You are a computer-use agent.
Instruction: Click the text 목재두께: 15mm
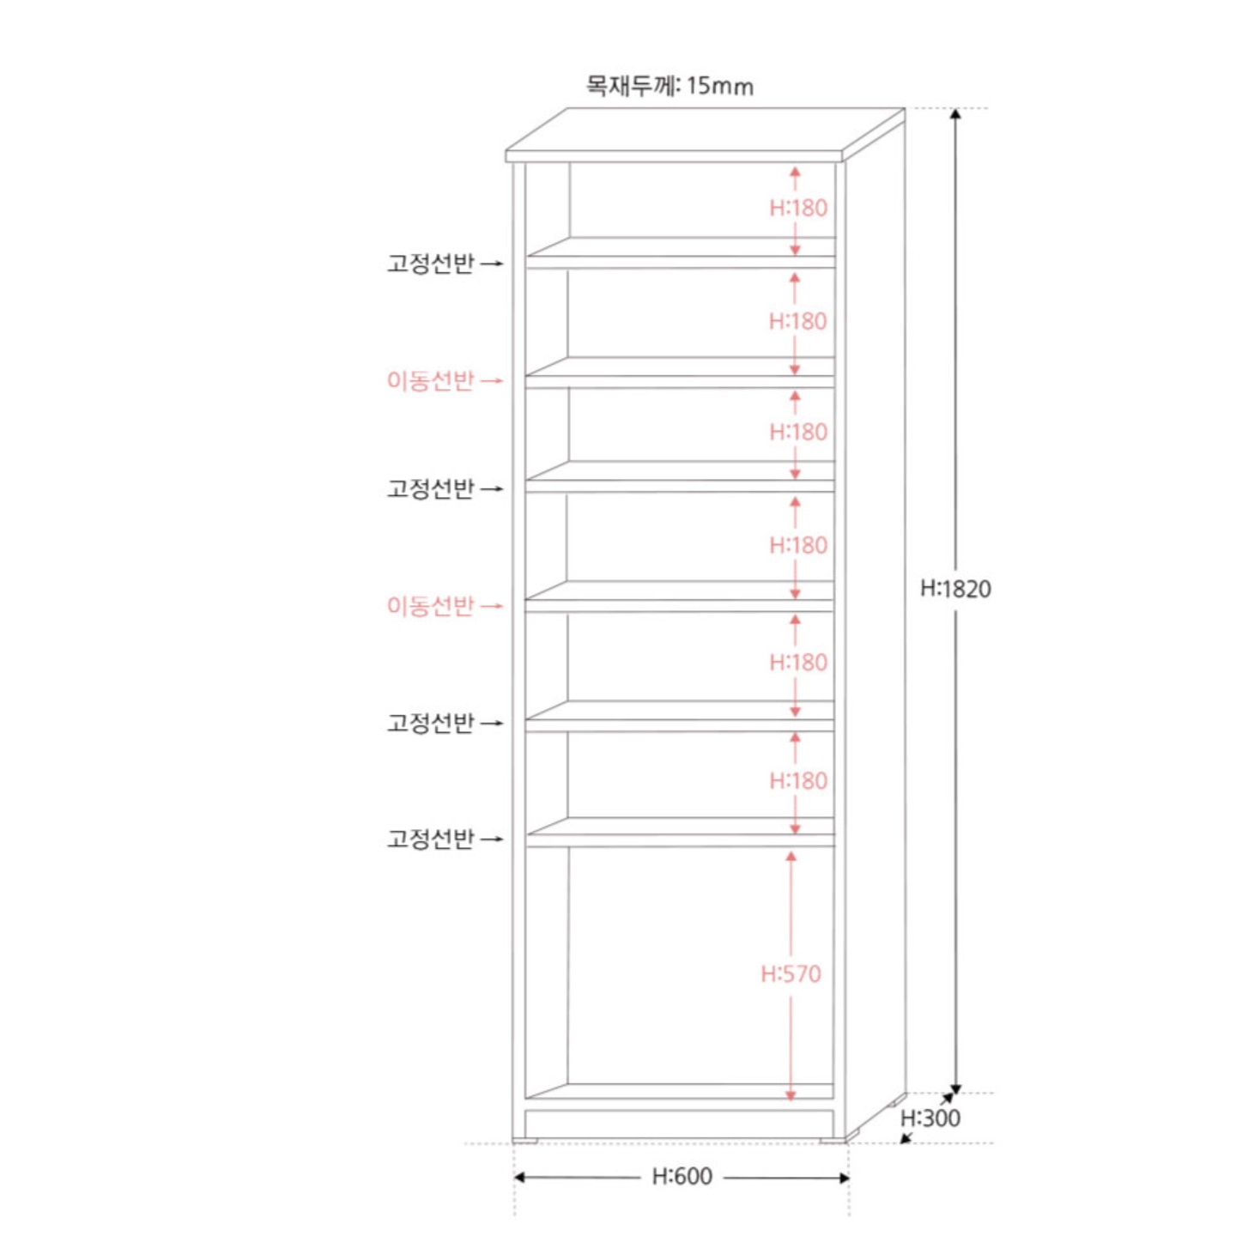669,85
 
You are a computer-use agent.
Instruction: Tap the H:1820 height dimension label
955,589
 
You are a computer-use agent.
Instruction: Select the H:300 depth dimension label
930,1118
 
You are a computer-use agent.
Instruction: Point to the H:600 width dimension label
682,1177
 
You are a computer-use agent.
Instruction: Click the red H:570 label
791,974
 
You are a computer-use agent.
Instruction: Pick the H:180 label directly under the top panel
798,208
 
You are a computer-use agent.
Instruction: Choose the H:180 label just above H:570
798,780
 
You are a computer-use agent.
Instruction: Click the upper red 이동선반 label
430,380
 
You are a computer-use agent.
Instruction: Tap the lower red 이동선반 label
430,605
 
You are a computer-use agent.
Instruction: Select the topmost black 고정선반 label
430,263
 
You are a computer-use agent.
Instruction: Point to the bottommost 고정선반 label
430,839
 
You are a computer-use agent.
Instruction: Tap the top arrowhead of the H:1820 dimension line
955,114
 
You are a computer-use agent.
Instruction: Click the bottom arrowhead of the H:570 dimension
791,1096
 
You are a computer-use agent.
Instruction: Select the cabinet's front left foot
525,1141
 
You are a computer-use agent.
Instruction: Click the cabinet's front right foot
833,1141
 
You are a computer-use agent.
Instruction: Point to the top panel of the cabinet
706,135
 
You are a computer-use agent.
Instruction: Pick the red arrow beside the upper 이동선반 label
492,381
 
